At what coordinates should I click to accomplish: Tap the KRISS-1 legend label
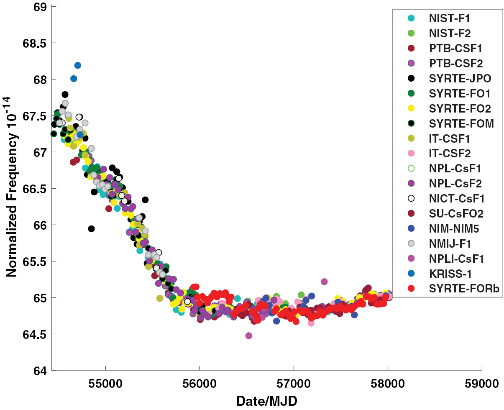(450, 274)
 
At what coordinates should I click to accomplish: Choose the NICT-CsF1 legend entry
(455, 199)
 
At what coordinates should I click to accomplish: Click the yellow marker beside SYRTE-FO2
(411, 108)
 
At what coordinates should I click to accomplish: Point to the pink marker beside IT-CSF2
(411, 154)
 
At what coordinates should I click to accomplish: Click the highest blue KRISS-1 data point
(78, 65)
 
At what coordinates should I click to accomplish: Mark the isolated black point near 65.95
(91, 228)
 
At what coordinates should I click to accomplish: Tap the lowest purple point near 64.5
(249, 336)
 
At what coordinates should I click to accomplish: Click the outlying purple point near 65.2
(324, 282)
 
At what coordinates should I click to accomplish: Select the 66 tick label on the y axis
(39, 225)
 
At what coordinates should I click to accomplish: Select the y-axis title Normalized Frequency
(12, 188)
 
